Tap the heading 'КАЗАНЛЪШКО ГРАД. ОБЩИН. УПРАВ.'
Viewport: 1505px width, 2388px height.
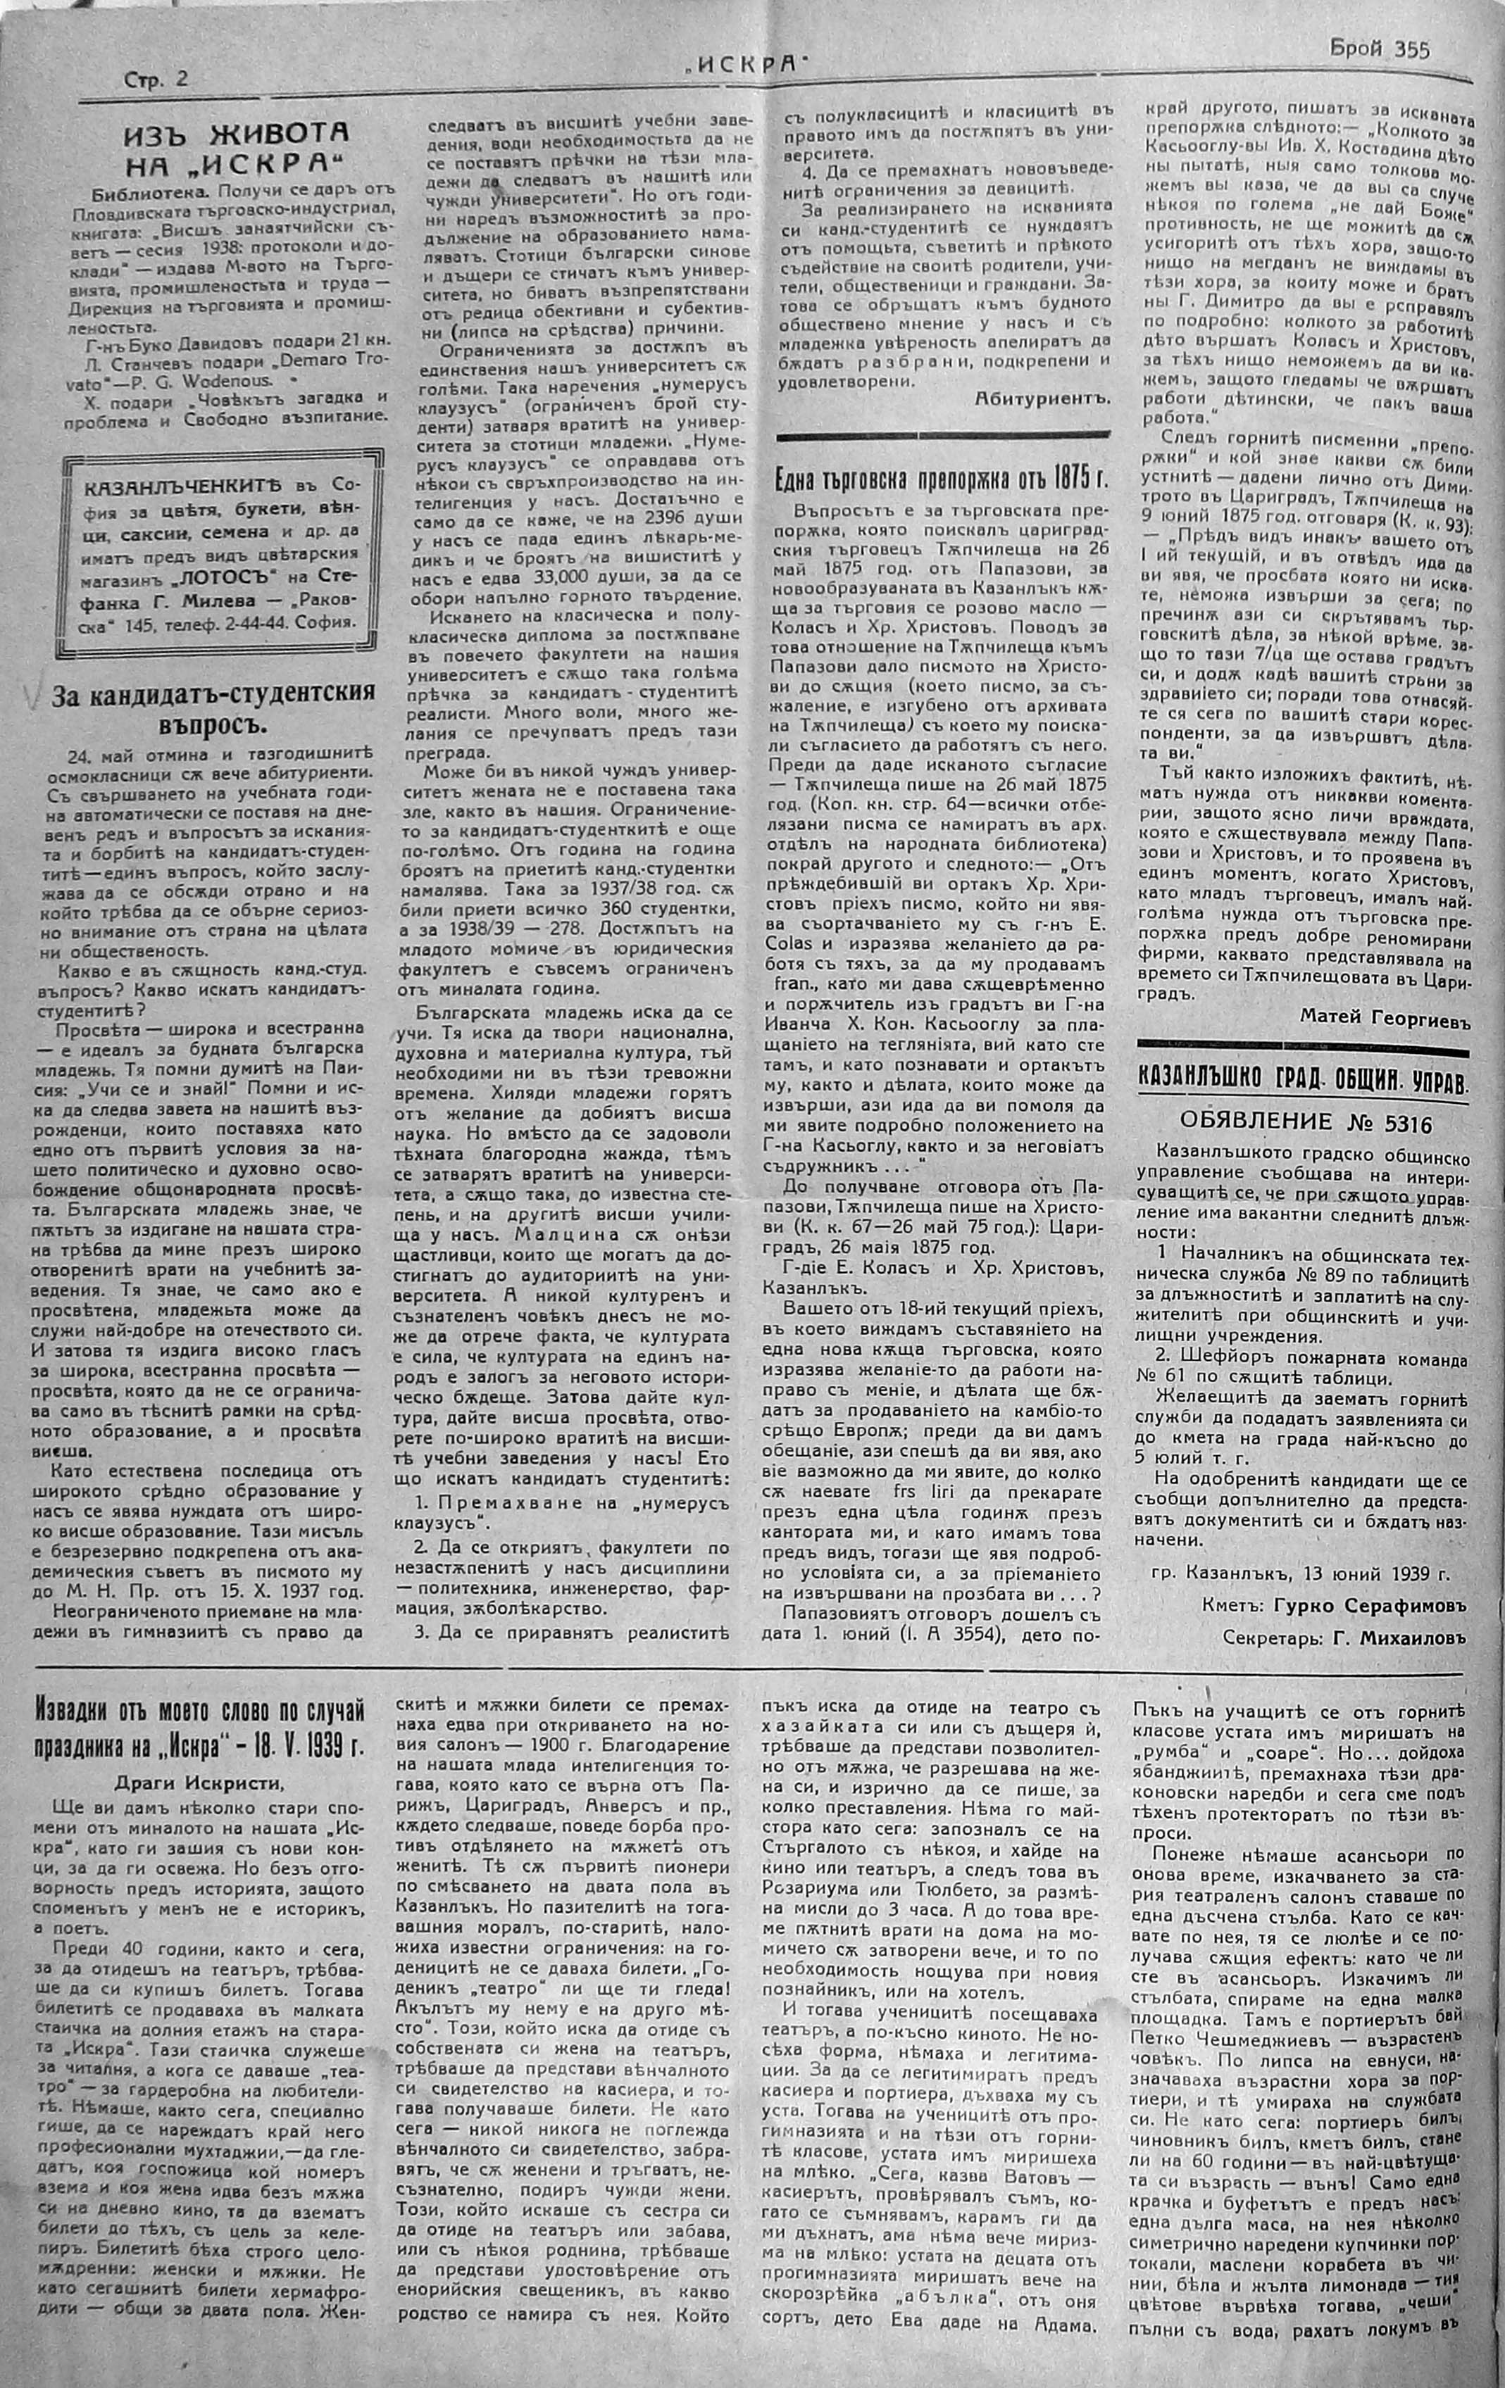pos(1304,1083)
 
